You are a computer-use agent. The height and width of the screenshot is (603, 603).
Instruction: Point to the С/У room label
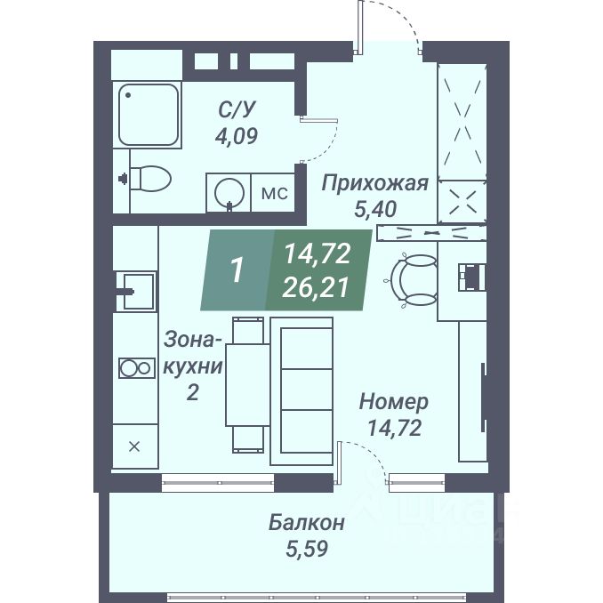[x=237, y=111]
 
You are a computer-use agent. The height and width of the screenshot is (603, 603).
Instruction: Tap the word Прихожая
[x=374, y=184]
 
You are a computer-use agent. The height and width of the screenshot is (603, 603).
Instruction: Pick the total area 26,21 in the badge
[x=317, y=286]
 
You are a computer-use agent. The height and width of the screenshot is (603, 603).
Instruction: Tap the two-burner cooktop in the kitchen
[x=135, y=368]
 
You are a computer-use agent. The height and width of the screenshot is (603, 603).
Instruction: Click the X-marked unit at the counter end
[x=135, y=446]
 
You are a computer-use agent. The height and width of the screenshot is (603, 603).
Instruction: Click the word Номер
[x=393, y=402]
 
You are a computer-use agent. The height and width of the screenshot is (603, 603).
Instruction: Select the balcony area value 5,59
[x=307, y=549]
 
